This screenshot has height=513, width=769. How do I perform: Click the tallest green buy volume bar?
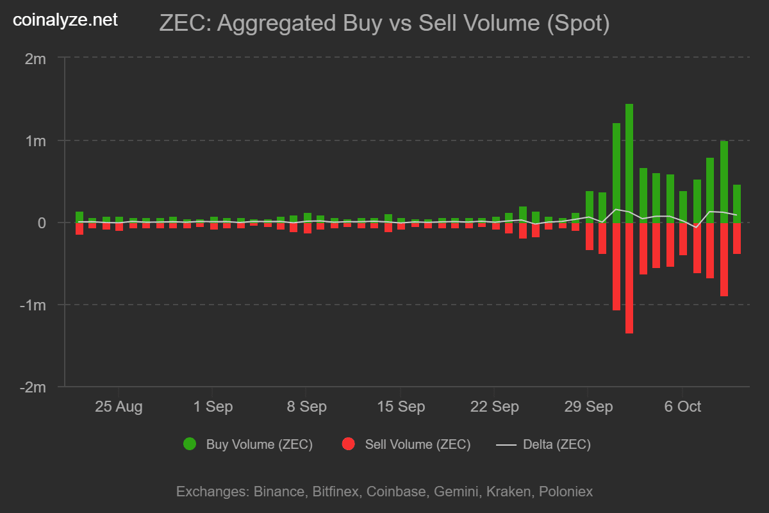pos(629,164)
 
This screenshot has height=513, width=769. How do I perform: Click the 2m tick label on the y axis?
pos(36,59)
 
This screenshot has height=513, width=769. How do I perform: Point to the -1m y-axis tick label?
pos(33,305)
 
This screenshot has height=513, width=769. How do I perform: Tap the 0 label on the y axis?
pos(42,223)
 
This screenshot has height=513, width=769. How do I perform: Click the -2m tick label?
pos(33,387)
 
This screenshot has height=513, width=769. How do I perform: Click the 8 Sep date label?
pos(306,407)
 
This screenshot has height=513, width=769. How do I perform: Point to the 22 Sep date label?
pos(494,407)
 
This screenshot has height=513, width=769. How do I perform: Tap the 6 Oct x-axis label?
pos(682,407)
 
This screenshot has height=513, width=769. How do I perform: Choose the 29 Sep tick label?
pos(588,407)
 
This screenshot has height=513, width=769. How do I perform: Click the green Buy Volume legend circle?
pos(190,444)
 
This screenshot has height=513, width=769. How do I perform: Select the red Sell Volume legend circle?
pos(349,444)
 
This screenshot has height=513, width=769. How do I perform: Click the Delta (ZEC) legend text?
pos(557,444)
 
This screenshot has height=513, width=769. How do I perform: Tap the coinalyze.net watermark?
pos(65,21)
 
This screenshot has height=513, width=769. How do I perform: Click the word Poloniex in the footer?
pos(566,492)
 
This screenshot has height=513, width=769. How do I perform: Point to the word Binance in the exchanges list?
pos(279,492)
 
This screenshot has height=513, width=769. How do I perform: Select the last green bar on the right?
pos(737,204)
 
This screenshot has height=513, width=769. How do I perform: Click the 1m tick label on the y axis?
pos(36,141)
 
